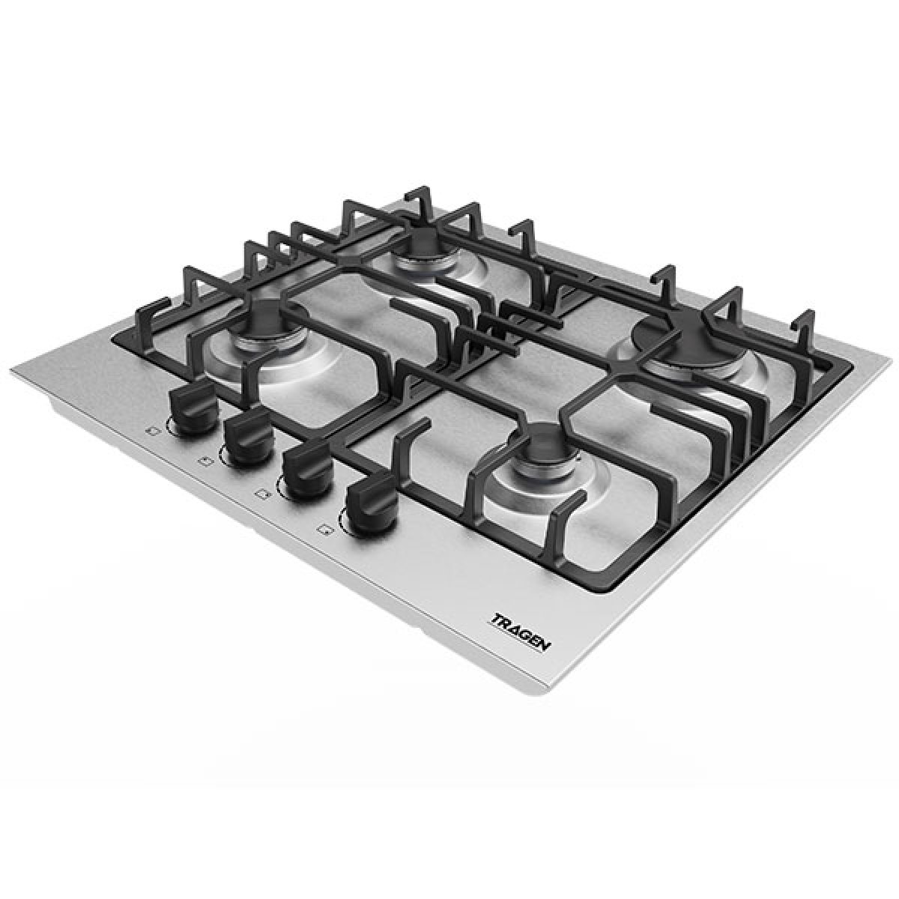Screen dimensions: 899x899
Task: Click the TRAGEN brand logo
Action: coord(522,633)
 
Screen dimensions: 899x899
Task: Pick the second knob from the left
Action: coord(246,436)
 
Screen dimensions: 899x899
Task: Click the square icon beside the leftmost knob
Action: coord(150,432)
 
